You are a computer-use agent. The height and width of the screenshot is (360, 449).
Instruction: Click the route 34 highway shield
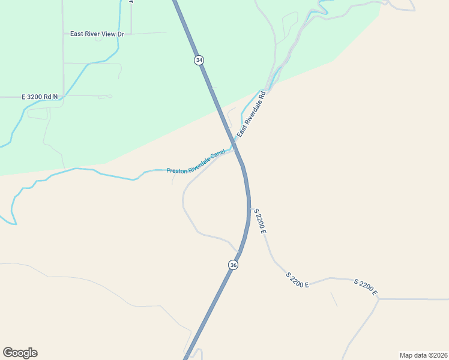(x=199, y=60)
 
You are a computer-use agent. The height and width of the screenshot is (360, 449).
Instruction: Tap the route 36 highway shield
(x=233, y=265)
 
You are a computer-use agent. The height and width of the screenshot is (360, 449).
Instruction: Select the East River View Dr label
(x=97, y=34)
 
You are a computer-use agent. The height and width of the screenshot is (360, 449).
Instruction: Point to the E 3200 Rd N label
(x=40, y=97)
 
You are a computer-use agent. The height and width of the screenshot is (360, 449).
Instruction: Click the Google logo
(x=20, y=353)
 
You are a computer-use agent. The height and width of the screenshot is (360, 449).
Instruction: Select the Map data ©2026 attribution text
(x=423, y=355)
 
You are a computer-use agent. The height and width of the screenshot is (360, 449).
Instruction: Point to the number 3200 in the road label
(x=37, y=97)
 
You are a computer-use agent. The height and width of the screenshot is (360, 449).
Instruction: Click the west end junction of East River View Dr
(x=63, y=34)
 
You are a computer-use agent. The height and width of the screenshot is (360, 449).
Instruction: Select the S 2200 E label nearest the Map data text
(x=365, y=287)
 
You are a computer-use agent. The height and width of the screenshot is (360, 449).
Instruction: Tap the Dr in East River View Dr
(x=120, y=34)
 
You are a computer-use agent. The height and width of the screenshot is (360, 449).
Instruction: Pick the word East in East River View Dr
(x=77, y=34)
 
